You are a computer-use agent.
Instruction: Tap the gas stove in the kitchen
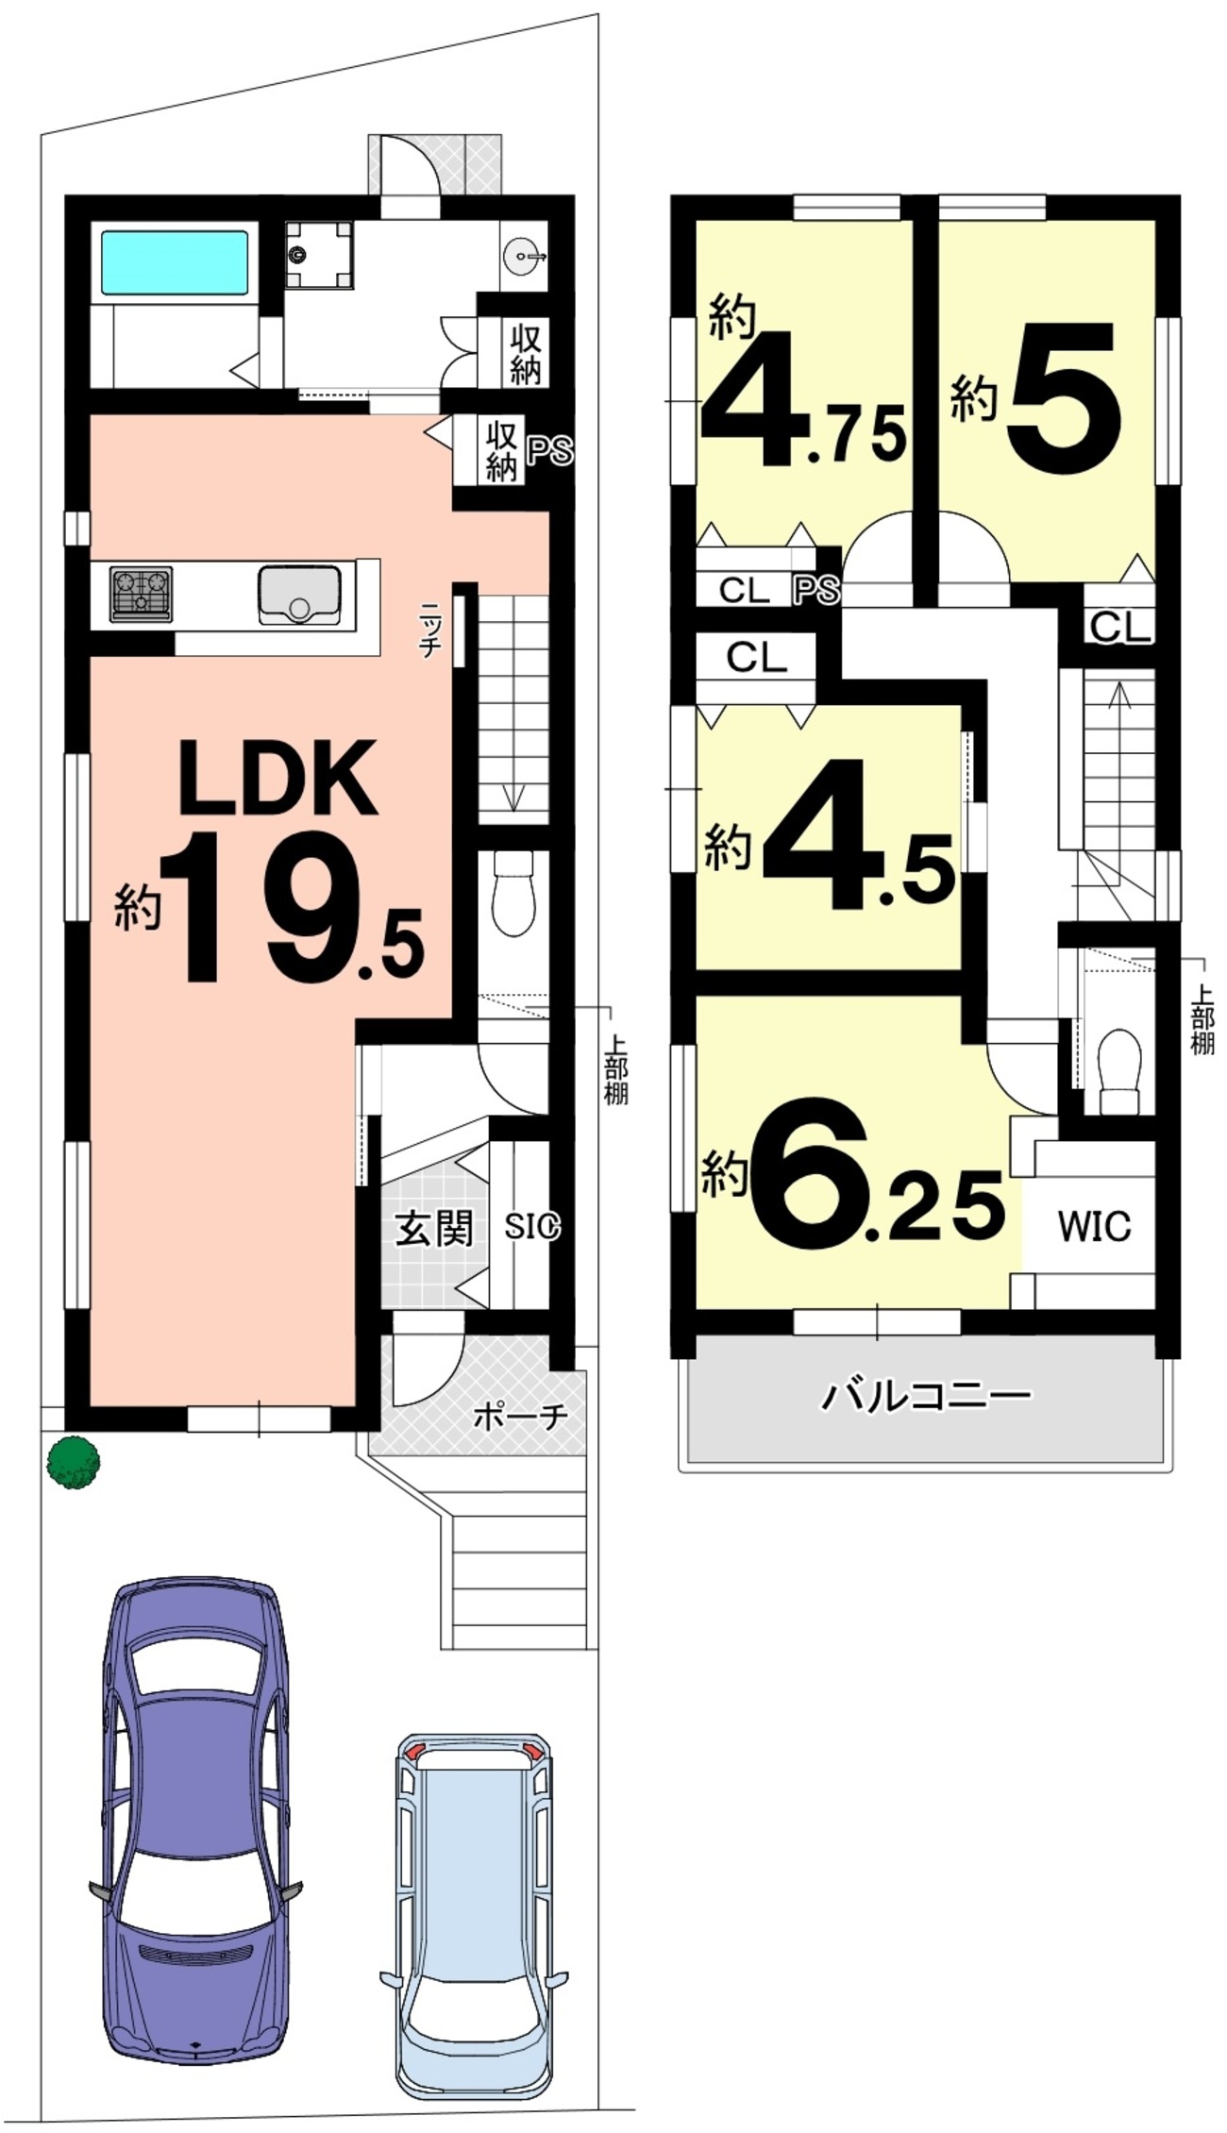coord(141,594)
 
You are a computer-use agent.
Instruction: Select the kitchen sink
coord(299,595)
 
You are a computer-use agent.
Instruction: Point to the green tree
coord(74,1462)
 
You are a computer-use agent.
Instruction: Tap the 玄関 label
coord(433,1228)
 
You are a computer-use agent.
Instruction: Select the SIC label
coord(531,1226)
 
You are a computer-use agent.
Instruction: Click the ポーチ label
coord(520,1416)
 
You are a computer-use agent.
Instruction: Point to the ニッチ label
coord(431,628)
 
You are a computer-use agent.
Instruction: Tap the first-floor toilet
coord(514,891)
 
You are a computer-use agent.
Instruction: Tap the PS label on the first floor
coord(550,451)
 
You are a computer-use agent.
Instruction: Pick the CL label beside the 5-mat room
coord(1121,626)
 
